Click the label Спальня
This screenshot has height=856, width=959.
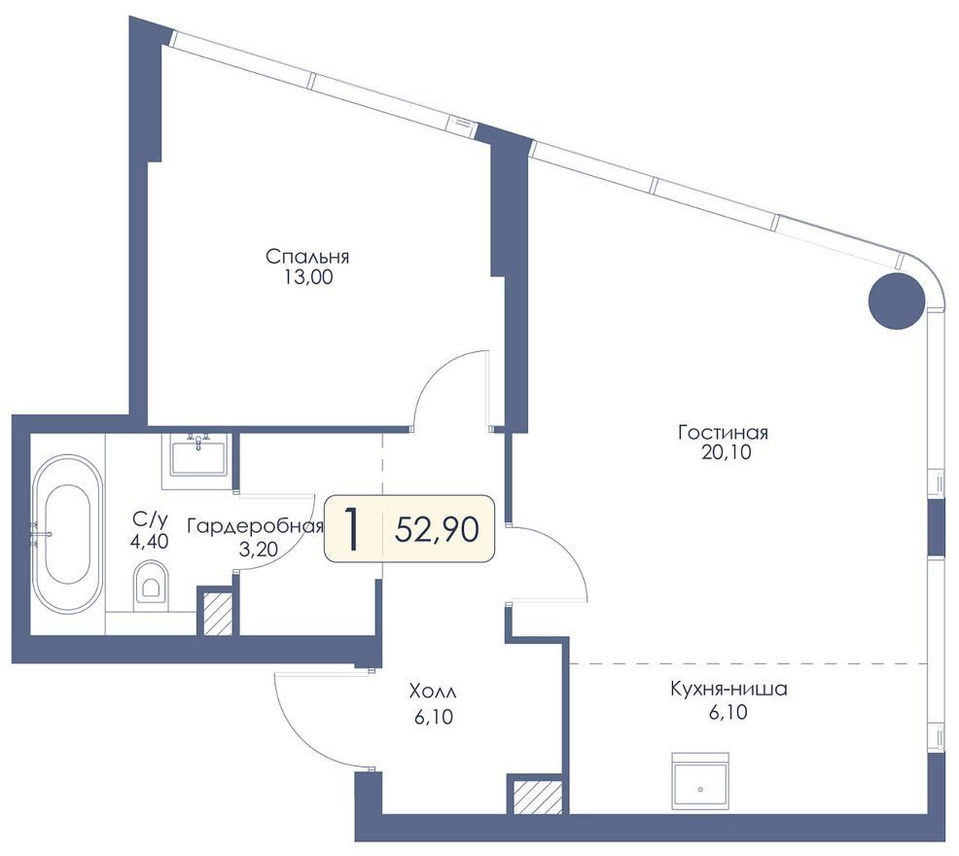[307, 256]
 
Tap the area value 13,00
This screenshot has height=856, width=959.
[307, 277]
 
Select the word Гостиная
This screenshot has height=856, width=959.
[723, 433]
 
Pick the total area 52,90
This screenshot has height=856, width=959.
[437, 529]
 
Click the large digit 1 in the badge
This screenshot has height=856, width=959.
[351, 528]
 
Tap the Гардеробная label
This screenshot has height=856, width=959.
[255, 526]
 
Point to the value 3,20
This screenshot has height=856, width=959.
[258, 550]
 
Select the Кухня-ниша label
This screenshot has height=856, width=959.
[728, 689]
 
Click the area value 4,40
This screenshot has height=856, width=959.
[149, 541]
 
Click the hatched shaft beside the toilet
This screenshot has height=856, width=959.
[218, 614]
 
